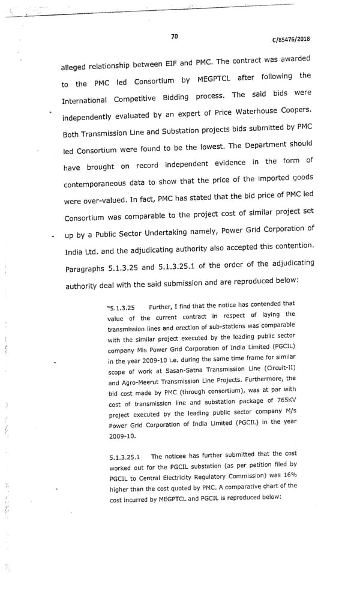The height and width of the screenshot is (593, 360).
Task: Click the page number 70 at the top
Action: click(174, 37)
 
